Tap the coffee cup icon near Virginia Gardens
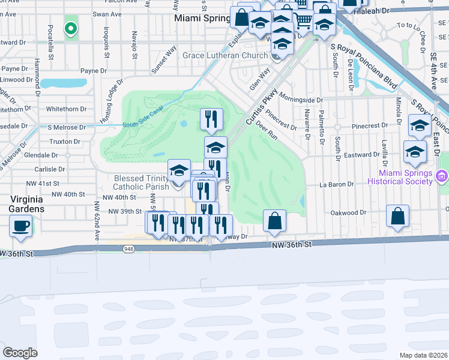[x=21, y=226]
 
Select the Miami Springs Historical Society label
[x=400, y=177]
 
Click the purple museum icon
[x=442, y=177]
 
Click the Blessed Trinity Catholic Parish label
[x=142, y=182]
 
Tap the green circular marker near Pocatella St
[x=71, y=28]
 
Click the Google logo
[x=20, y=353]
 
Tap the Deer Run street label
[x=266, y=132]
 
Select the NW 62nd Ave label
[x=95, y=218]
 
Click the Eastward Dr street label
[x=346, y=154]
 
